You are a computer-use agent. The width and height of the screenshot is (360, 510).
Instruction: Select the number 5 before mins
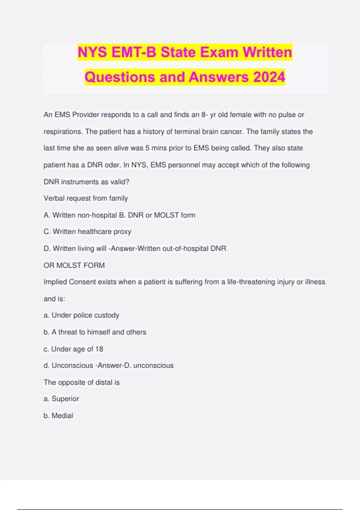click(x=147, y=148)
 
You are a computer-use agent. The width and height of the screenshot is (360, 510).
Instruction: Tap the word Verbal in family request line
click(x=54, y=198)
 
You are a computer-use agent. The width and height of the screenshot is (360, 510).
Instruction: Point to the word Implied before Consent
click(x=55, y=282)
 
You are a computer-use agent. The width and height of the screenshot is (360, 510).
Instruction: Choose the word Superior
click(x=65, y=399)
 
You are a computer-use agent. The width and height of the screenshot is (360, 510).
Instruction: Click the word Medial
click(x=62, y=415)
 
